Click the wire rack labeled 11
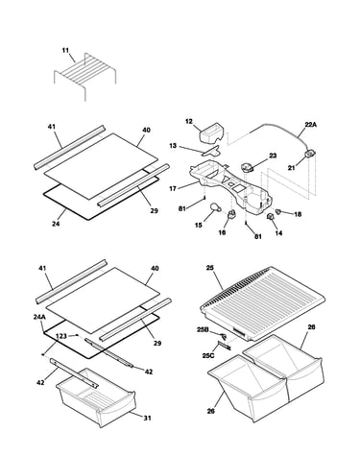coord(85,75)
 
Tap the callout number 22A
coord(310,125)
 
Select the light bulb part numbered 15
coord(215,207)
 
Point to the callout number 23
coord(273,156)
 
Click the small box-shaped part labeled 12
coord(211,133)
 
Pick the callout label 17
coord(173,189)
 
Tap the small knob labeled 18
coord(278,211)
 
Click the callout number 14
coord(278,233)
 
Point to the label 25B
coord(203,329)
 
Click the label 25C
coord(208,355)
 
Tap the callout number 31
coord(147,418)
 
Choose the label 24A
coord(39,317)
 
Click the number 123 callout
coord(61,336)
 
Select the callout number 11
coord(65,50)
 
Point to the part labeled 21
coord(309,155)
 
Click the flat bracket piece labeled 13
coord(211,151)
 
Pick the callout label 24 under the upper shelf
coord(56,224)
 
